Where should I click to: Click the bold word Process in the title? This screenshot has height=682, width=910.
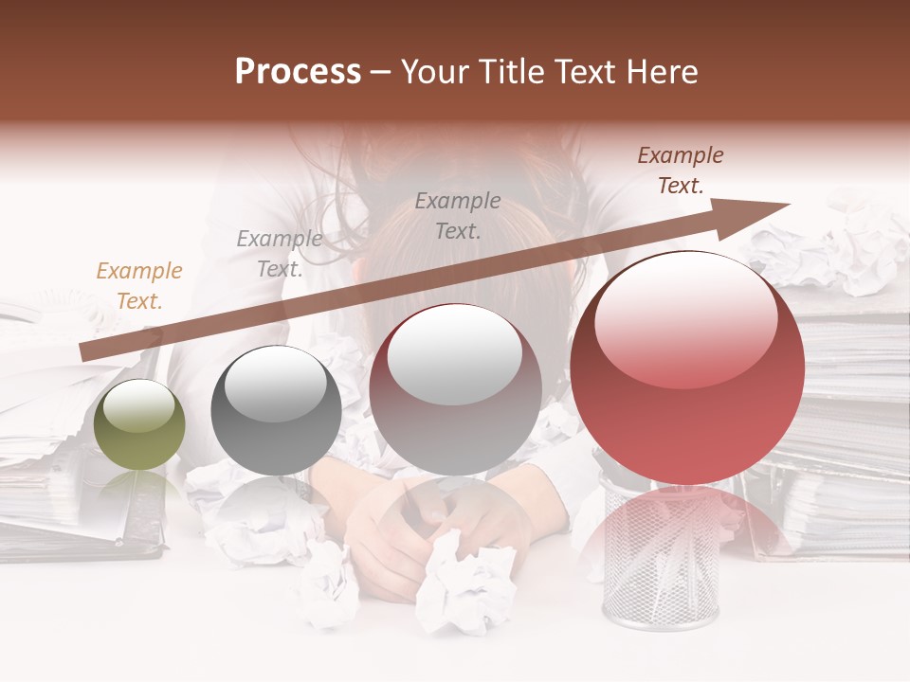(x=298, y=72)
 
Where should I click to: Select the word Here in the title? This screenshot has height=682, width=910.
(x=664, y=72)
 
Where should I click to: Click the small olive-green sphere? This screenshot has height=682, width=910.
(x=140, y=424)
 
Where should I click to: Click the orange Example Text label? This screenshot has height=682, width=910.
(x=139, y=286)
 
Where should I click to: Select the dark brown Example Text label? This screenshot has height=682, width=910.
(x=681, y=170)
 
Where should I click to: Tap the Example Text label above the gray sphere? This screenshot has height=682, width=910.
(x=280, y=254)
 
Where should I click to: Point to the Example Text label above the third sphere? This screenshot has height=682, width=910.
(x=458, y=215)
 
